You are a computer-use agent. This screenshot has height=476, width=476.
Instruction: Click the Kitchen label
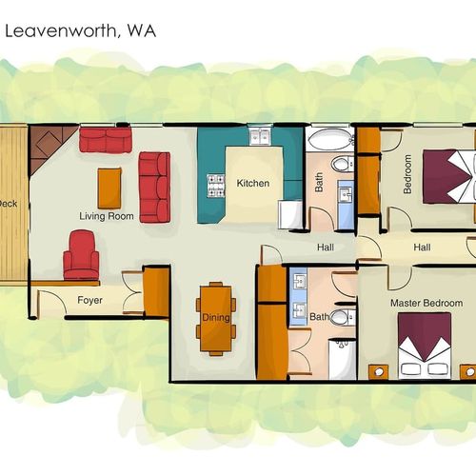point(253,183)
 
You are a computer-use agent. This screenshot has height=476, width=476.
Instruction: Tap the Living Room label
point(107,216)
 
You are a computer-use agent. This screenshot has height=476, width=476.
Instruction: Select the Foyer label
point(89,300)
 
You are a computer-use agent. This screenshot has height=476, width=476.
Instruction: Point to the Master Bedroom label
point(426,303)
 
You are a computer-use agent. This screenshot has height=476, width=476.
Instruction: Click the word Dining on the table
point(216,317)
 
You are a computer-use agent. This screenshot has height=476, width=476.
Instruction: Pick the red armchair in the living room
point(81,255)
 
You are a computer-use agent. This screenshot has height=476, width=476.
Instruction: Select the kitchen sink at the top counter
point(260,137)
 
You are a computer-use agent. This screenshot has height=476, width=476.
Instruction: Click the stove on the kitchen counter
point(216,186)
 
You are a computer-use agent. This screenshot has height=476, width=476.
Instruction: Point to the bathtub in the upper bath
point(330,139)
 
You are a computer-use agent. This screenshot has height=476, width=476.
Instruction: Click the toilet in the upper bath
point(342,164)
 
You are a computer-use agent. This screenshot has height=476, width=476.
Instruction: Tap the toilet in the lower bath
point(342,316)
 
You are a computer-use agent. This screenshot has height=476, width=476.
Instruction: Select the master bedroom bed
point(425,346)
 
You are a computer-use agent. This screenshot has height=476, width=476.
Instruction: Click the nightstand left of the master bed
point(379,372)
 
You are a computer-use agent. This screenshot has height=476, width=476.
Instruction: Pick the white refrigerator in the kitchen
point(290,214)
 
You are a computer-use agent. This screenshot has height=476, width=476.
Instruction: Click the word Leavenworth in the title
point(60,31)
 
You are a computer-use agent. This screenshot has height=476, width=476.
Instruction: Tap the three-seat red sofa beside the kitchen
point(155,188)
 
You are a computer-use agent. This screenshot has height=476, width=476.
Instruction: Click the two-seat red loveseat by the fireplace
point(106,140)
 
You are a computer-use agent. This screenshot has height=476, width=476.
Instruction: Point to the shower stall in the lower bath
point(342,359)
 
